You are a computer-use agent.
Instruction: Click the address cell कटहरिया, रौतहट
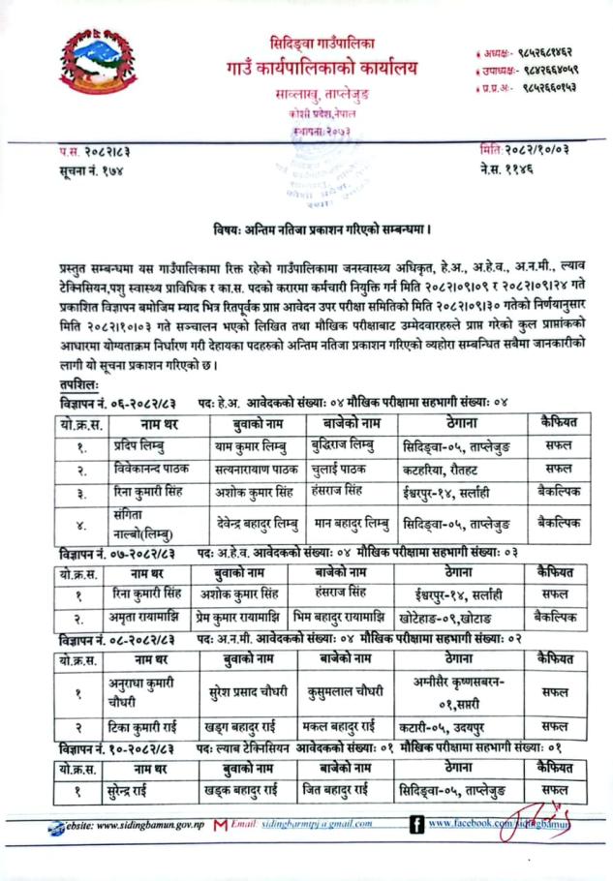pos(447,469)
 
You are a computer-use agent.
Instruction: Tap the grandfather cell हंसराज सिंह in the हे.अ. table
pos(347,492)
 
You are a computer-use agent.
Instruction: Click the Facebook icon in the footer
pos(416,826)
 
